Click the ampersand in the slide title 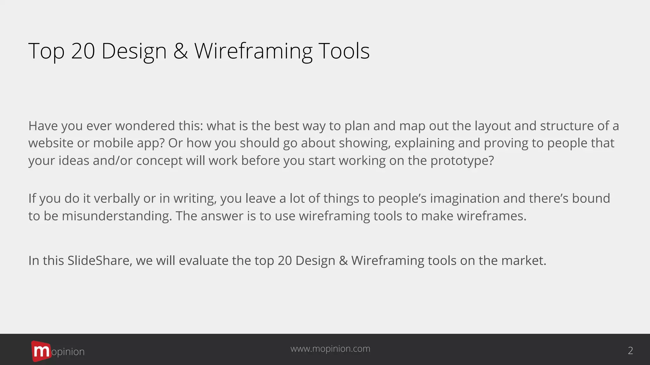pyautogui.click(x=180, y=51)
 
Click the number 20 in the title pyautogui.click(x=83, y=51)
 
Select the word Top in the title pyautogui.click(x=46, y=51)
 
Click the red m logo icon pyautogui.click(x=41, y=351)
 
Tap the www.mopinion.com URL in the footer pyautogui.click(x=330, y=349)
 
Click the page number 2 pyautogui.click(x=630, y=350)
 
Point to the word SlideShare pyautogui.click(x=99, y=260)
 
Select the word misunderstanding pyautogui.click(x=116, y=216)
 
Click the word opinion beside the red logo pyautogui.click(x=68, y=352)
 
